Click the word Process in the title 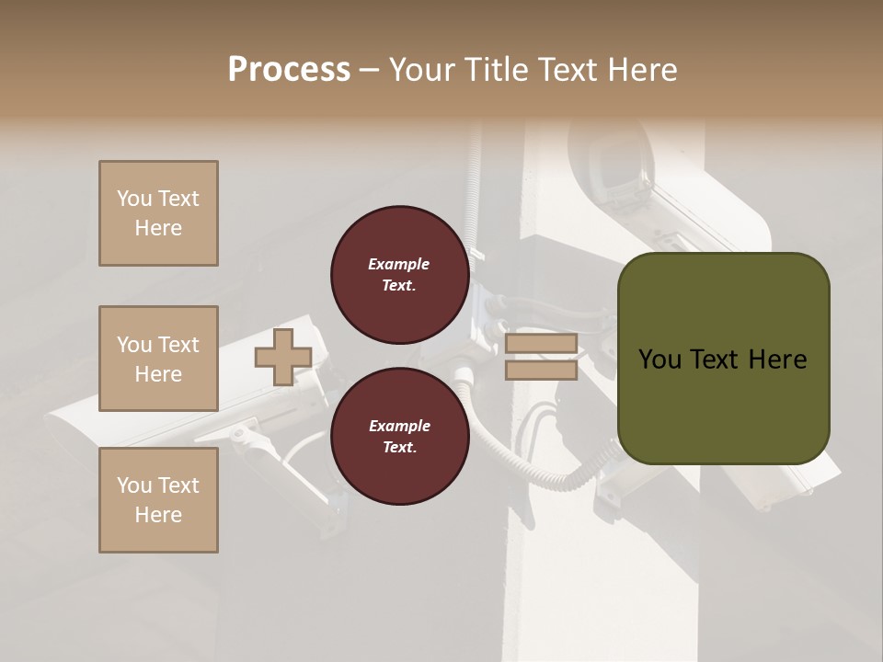tap(289, 70)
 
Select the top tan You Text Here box tap(158, 213)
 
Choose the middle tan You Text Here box tap(158, 359)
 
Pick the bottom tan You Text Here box tap(158, 500)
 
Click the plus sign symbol tap(283, 357)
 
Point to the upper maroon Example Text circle tap(399, 275)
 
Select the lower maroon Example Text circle tap(399, 437)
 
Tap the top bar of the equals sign tap(541, 344)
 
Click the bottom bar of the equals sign tap(541, 370)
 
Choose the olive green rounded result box tap(723, 359)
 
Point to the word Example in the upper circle tap(399, 264)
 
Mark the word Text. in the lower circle tap(399, 448)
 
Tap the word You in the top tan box tap(132, 199)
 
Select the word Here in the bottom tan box tap(158, 515)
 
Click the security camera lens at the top tap(608, 169)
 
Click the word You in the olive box tap(659, 360)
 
